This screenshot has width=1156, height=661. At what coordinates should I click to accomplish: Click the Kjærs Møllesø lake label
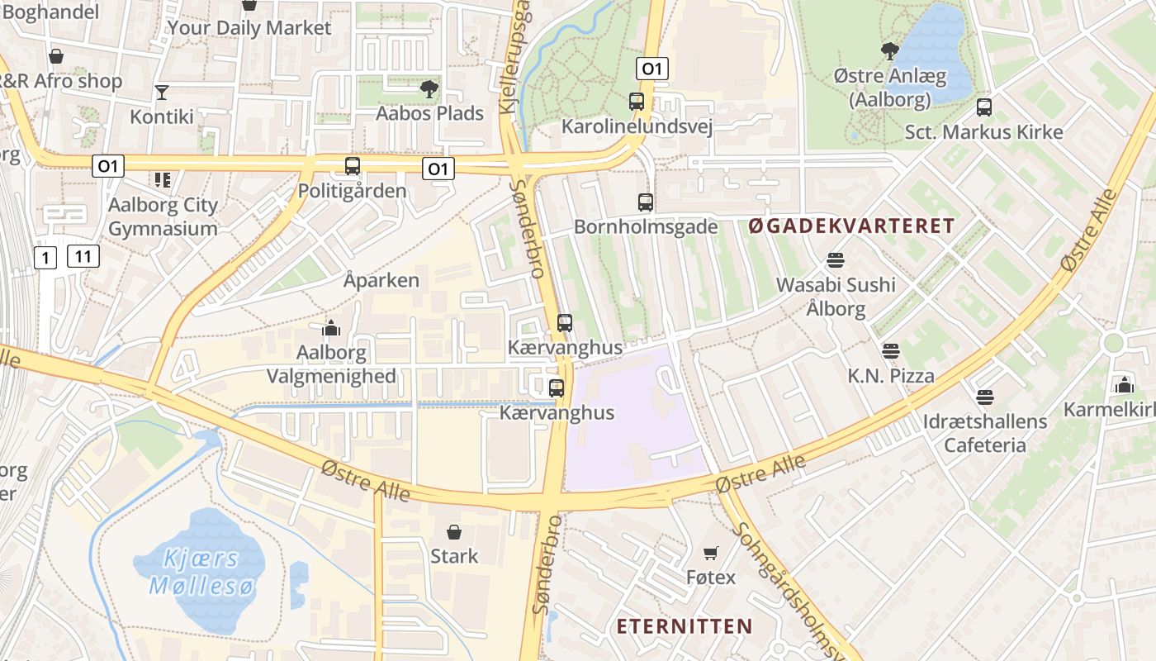tap(198, 572)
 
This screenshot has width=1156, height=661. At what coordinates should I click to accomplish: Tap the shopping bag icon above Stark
tap(453, 531)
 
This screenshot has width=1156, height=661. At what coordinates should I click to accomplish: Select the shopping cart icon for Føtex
tap(710, 553)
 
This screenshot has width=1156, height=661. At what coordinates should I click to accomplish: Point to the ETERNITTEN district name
tap(685, 625)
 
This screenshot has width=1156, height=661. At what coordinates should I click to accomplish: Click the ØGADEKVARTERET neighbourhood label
tap(851, 226)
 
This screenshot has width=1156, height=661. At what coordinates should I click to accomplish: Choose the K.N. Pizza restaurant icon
tap(890, 351)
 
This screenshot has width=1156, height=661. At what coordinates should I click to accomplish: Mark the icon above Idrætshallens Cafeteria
tap(984, 397)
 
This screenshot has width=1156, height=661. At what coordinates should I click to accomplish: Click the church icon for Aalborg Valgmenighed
tap(331, 329)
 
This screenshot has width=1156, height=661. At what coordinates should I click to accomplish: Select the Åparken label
tap(381, 280)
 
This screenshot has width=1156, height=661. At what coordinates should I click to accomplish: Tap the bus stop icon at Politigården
tap(353, 166)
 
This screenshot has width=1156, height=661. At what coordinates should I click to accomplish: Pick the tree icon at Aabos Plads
tap(429, 88)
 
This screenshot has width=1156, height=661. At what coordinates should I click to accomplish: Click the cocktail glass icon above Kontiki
tap(162, 92)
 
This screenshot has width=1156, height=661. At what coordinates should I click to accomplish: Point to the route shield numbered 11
tap(83, 256)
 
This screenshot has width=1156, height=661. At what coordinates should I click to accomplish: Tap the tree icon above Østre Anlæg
tap(889, 51)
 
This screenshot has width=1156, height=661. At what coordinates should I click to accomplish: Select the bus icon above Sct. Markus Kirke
tap(983, 107)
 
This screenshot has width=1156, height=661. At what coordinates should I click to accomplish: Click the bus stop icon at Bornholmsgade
tap(646, 202)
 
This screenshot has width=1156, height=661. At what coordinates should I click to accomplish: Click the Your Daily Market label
tap(249, 27)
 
